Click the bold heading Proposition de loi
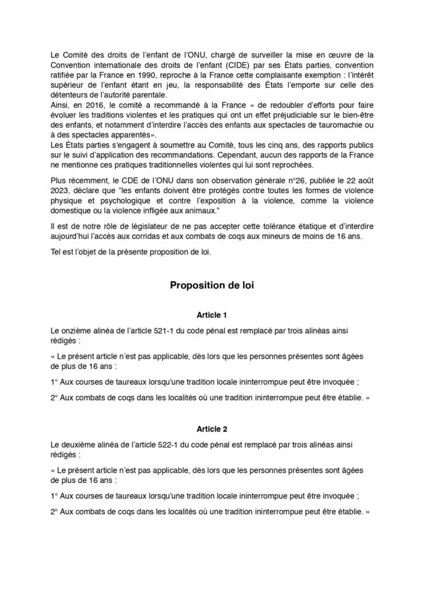tap(211, 285)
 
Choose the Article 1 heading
tap(212, 315)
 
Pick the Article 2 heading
tap(212, 428)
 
